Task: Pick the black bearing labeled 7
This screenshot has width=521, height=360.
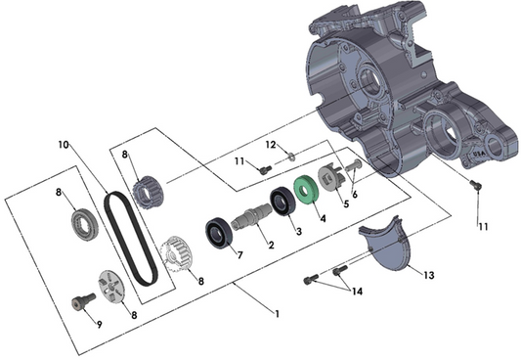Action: click(217, 235)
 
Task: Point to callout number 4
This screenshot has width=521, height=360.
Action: click(323, 217)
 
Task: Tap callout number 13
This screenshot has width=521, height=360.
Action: click(427, 275)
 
